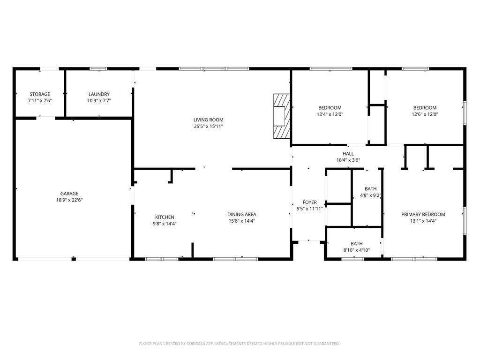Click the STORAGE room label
(x=40, y=94)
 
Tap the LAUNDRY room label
(x=99, y=94)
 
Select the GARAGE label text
(x=69, y=194)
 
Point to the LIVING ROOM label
(x=208, y=120)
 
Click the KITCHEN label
(x=165, y=217)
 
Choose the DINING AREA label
(x=241, y=214)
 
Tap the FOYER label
(x=309, y=202)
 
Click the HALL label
(x=348, y=154)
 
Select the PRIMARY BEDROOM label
(x=423, y=214)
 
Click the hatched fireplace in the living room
(x=282, y=116)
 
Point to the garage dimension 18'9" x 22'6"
(x=69, y=200)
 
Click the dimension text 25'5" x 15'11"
(x=208, y=126)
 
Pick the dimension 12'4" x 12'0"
(x=330, y=114)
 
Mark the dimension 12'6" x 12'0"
(x=425, y=114)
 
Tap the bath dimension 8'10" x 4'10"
(x=356, y=250)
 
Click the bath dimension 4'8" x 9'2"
(x=370, y=195)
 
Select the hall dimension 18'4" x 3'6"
(x=348, y=160)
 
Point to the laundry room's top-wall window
(x=98, y=69)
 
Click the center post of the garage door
(x=74, y=259)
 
